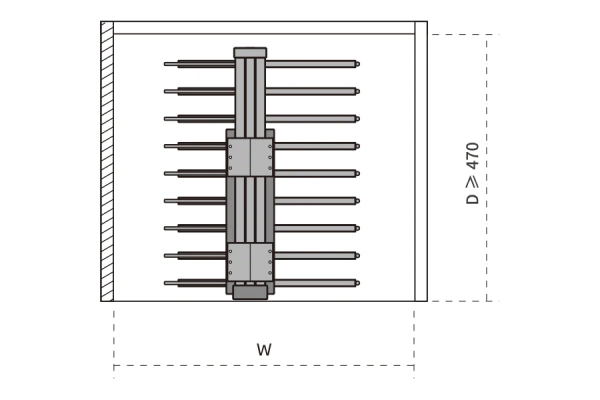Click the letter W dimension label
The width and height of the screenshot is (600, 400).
tap(264, 350)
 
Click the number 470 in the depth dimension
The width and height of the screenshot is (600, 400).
tap(473, 156)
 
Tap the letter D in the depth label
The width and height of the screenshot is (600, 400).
tap(473, 199)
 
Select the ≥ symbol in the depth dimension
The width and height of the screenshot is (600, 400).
tap(473, 182)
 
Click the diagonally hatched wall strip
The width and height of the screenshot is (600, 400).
tap(107, 161)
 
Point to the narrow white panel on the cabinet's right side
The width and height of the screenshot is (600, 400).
tap(421, 161)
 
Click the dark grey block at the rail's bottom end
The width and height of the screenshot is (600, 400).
tap(250, 292)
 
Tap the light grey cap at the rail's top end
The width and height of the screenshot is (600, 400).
tap(250, 53)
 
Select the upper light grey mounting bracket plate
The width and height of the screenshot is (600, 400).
tap(250, 157)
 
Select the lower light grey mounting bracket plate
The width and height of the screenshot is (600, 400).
tap(250, 262)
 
